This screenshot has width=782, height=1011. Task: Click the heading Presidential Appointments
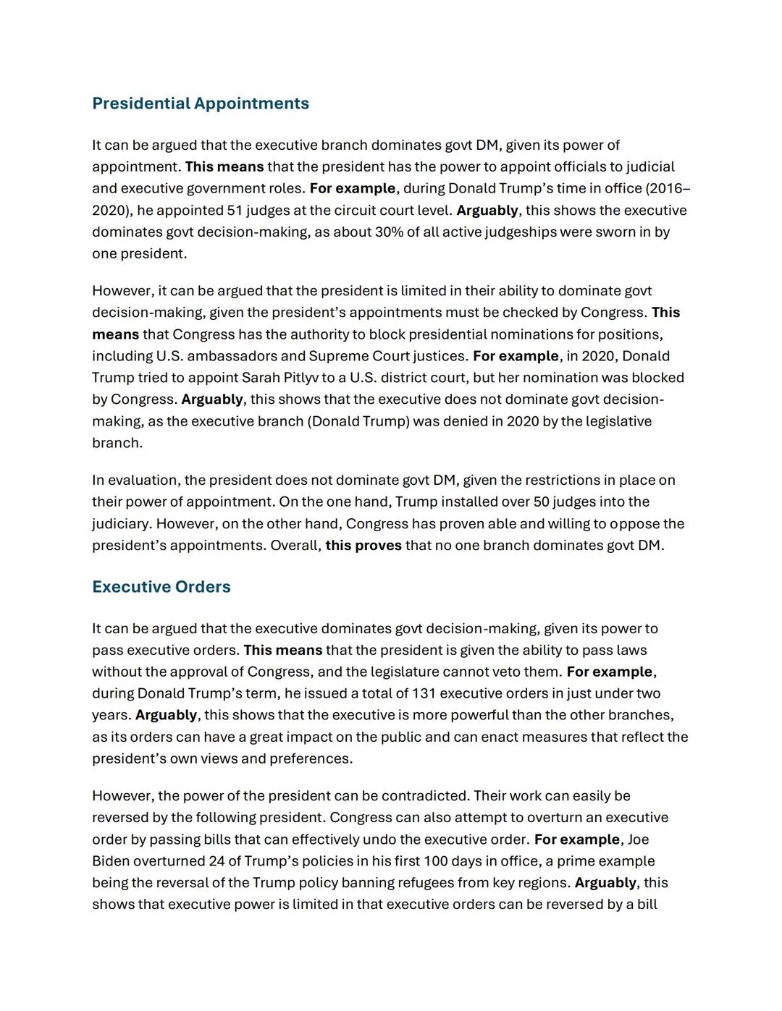[201, 103]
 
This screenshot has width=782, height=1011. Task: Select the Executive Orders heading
[161, 587]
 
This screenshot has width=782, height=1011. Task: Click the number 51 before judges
[235, 211]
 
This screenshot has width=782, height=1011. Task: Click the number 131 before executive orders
[424, 693]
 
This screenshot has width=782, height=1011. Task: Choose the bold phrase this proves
[363, 546]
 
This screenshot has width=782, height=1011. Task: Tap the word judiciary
[121, 524]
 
